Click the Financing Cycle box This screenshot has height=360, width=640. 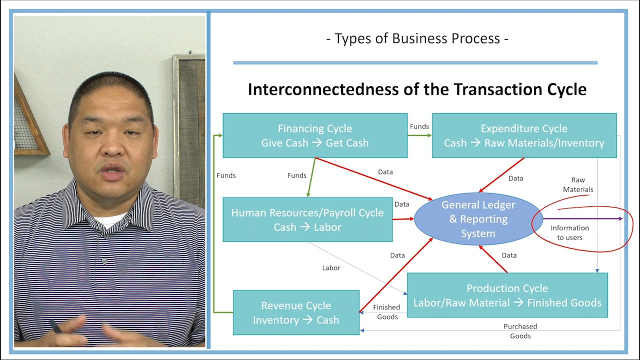coord(315,135)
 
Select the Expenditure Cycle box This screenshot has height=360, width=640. coord(524,135)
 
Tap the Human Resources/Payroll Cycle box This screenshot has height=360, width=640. coord(307,219)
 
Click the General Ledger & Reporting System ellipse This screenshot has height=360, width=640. coord(478,219)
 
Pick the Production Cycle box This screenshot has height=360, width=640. coord(507,295)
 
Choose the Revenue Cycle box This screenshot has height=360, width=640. coord(296,312)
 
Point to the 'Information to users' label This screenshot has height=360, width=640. coord(569,232)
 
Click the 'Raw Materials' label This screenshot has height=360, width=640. coord(578,184)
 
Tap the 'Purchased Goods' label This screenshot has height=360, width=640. coord(520,331)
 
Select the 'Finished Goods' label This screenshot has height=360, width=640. coord(386,312)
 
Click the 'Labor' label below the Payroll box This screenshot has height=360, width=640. coord(331,268)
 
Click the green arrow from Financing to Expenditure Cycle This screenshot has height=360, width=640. coord(419,135)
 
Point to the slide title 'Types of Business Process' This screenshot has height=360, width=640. coord(417,38)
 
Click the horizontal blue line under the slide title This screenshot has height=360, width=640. coord(415,63)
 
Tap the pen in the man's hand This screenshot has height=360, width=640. coord(55,327)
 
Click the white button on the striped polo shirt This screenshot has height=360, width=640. coord(104,260)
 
